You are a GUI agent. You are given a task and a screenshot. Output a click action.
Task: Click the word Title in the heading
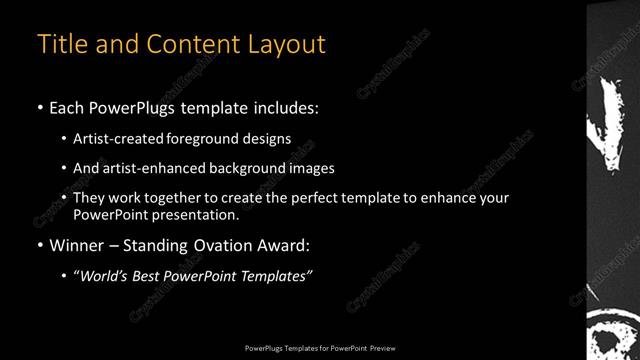(x=61, y=44)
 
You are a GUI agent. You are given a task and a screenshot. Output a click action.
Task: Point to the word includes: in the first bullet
(x=287, y=107)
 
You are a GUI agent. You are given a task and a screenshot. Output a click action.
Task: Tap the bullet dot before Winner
(x=40, y=245)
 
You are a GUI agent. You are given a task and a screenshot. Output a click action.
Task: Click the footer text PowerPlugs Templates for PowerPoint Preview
(x=320, y=347)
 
